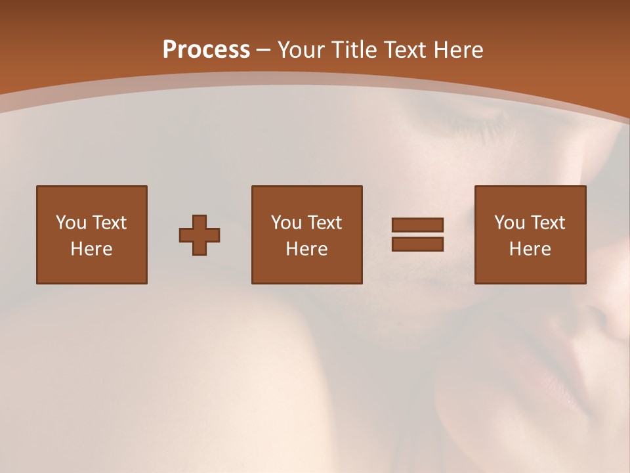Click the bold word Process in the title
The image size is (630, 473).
pyautogui.click(x=206, y=50)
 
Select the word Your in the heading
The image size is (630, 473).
pyautogui.click(x=302, y=50)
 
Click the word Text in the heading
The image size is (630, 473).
pyautogui.click(x=403, y=50)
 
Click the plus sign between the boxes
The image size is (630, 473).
pyautogui.click(x=199, y=235)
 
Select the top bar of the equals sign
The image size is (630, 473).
pyautogui.click(x=417, y=225)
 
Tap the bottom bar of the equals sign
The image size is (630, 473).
pyautogui.click(x=417, y=244)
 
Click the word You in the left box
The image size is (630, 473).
pyautogui.click(x=70, y=223)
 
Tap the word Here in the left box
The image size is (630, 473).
pyautogui.click(x=91, y=249)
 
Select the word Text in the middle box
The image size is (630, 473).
pyautogui.click(x=325, y=223)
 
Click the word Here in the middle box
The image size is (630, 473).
pyautogui.click(x=306, y=249)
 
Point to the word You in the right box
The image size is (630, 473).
pyautogui.click(x=509, y=223)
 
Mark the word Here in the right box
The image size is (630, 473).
pyautogui.click(x=530, y=249)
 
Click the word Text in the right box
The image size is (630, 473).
pyautogui.click(x=549, y=223)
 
